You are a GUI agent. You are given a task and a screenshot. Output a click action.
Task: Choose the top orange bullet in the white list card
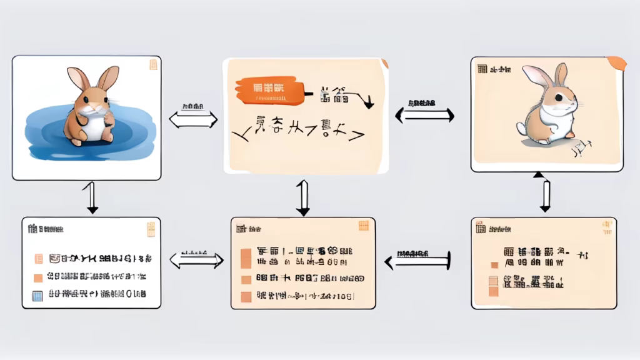coord(38,257)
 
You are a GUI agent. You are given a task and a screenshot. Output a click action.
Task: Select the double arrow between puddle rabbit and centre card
coord(193,119)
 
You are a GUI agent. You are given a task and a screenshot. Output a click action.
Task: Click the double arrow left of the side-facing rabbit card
coord(425,114)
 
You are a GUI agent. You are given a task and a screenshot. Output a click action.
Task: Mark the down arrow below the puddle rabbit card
coord(92,197)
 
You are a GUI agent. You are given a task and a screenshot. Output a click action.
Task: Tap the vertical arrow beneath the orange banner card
coord(302,198)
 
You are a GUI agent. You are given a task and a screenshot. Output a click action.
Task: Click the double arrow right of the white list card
coord(196,261)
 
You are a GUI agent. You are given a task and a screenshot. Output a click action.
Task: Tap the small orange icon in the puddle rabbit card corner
coord(152,64)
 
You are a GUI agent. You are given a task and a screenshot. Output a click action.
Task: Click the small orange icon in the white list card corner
coord(151,229)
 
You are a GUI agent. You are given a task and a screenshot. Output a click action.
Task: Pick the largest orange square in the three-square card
coord(246,257)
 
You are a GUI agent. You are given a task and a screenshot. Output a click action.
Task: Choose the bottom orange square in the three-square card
coord(246,297)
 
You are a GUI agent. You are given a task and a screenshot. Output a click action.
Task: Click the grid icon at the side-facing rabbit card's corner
coord(482,69)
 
